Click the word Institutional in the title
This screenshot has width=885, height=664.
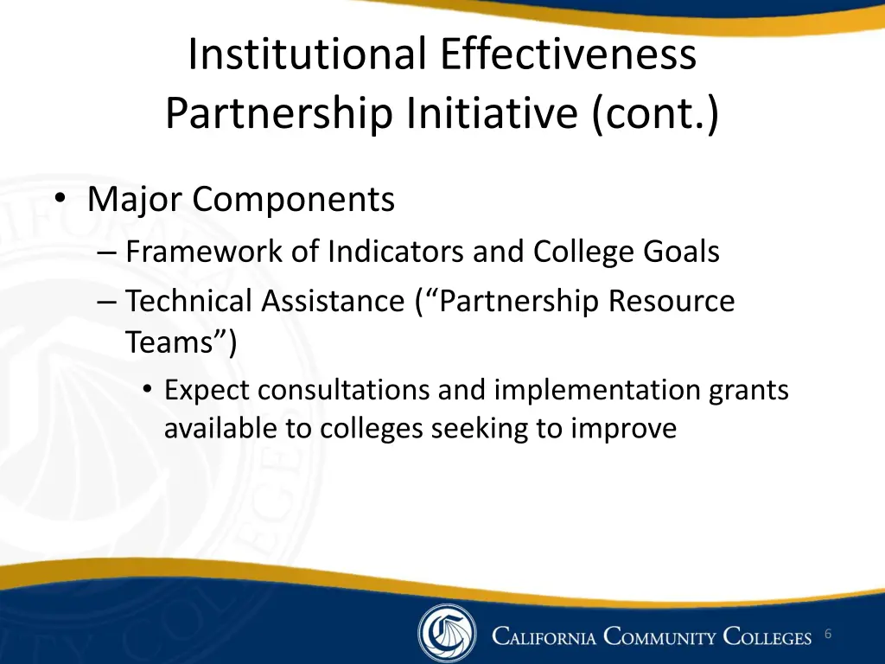pyautogui.click(x=307, y=54)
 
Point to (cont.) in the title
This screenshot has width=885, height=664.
pyautogui.click(x=655, y=113)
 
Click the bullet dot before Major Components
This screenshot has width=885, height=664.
pyautogui.click(x=60, y=200)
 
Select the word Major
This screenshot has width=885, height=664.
pyautogui.click(x=136, y=200)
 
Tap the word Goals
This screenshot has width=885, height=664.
pyautogui.click(x=681, y=252)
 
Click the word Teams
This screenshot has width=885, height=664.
pyautogui.click(x=172, y=343)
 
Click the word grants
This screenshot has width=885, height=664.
pyautogui.click(x=748, y=391)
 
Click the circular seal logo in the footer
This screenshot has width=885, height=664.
pyautogui.click(x=447, y=634)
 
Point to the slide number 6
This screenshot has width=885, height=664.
pyautogui.click(x=827, y=635)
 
